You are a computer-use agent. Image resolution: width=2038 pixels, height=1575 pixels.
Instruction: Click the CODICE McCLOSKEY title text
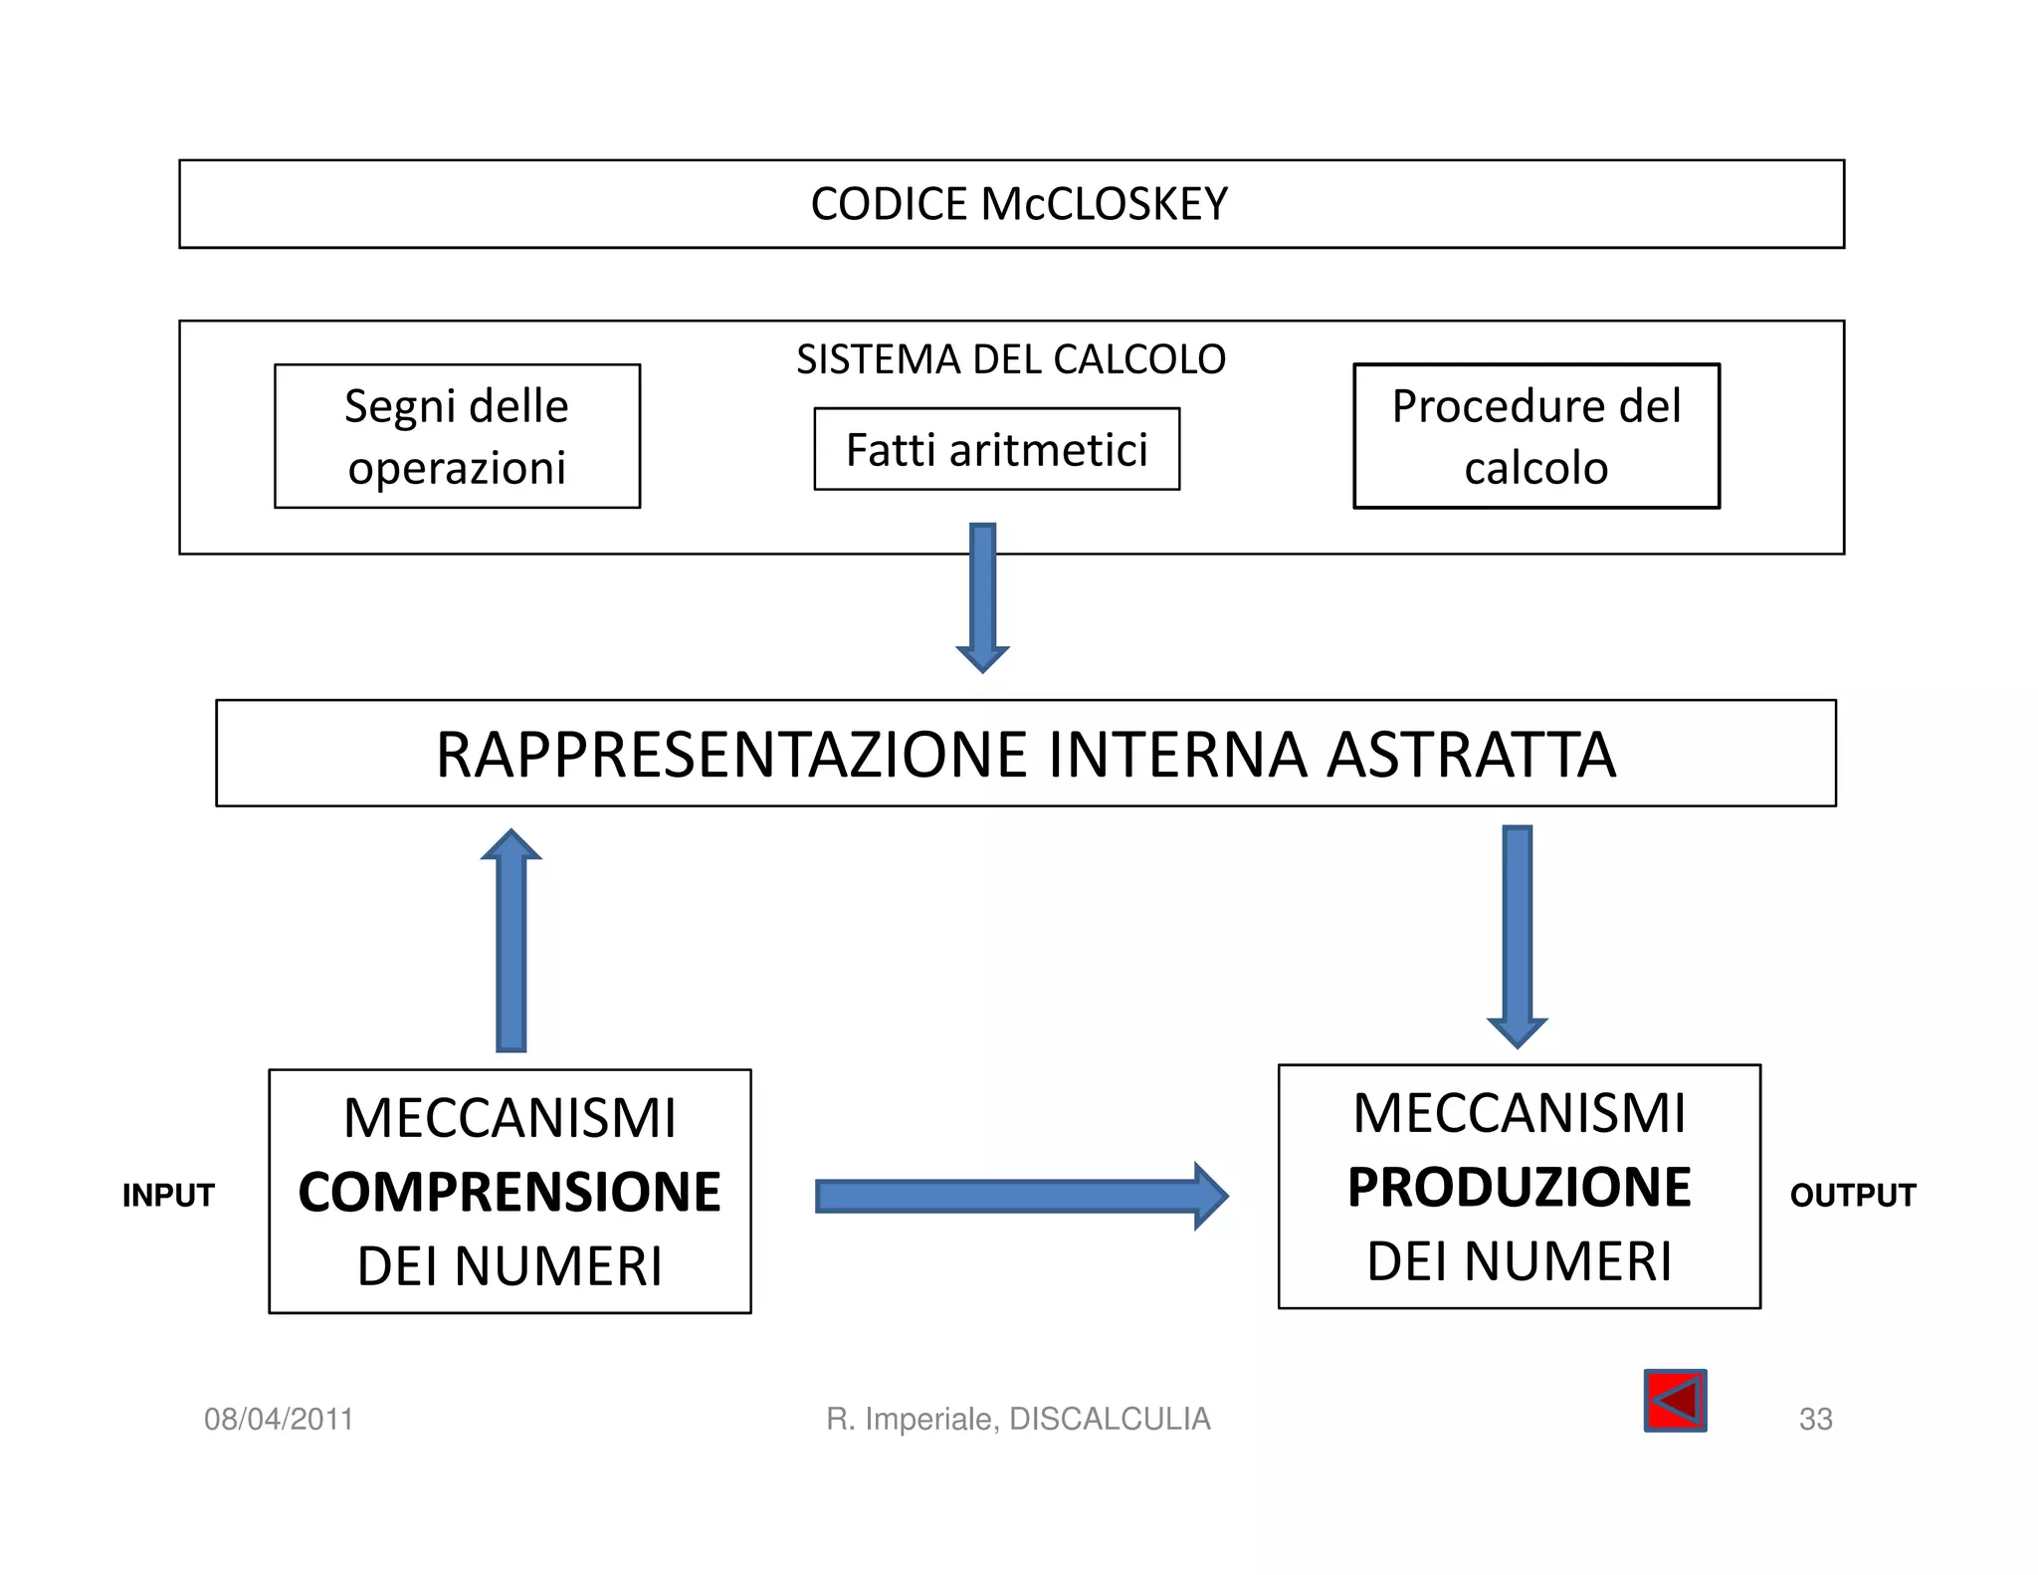pyautogui.click(x=1019, y=204)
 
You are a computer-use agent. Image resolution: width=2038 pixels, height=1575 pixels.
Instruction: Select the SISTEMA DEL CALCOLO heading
pyautogui.click(x=1011, y=359)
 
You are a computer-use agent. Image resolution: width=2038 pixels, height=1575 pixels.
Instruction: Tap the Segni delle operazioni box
pyautogui.click(x=457, y=436)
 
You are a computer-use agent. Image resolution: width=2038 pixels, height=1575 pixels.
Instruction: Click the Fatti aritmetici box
pyautogui.click(x=996, y=449)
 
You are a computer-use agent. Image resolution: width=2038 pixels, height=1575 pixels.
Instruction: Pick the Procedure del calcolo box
pyautogui.click(x=1535, y=436)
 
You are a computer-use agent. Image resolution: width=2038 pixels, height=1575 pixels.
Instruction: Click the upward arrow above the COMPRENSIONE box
pyautogui.click(x=510, y=941)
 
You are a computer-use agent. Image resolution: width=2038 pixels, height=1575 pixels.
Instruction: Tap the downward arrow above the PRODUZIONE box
pyautogui.click(x=1517, y=936)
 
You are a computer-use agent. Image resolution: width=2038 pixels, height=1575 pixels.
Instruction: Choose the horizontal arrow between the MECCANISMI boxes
pyautogui.click(x=1020, y=1196)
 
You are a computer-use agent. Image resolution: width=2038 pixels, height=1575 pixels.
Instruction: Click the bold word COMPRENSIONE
pyautogui.click(x=509, y=1192)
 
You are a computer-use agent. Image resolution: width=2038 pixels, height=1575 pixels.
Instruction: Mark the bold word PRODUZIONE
pyautogui.click(x=1519, y=1187)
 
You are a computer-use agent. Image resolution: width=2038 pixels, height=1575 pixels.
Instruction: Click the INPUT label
pyautogui.click(x=168, y=1195)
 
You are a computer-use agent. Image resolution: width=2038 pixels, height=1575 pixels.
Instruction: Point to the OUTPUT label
pyautogui.click(x=1852, y=1195)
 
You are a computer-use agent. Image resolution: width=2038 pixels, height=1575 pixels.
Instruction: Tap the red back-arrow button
pyautogui.click(x=1675, y=1401)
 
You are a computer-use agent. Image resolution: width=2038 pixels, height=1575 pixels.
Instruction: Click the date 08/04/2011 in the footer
pyautogui.click(x=279, y=1419)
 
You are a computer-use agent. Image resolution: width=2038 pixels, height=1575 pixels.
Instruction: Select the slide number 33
pyautogui.click(x=1815, y=1419)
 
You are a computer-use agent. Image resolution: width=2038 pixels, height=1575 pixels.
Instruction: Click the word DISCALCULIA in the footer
pyautogui.click(x=1110, y=1419)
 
